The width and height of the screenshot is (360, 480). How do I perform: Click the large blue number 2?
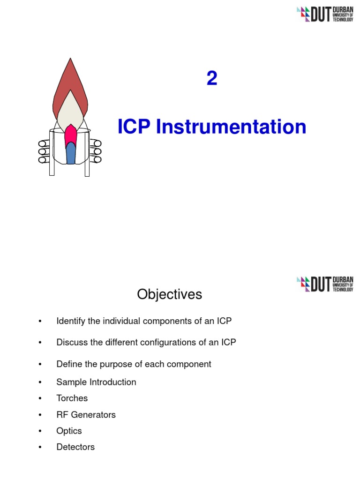tap(212, 79)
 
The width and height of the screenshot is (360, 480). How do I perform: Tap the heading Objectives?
tap(169, 294)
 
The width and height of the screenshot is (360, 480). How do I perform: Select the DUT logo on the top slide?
tap(325, 14)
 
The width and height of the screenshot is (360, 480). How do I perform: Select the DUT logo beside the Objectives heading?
tap(325, 284)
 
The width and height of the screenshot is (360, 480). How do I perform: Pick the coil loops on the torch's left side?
tap(45, 151)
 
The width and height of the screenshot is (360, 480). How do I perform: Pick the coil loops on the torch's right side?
tap(97, 151)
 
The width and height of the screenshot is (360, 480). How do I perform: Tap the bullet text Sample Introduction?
tap(96, 382)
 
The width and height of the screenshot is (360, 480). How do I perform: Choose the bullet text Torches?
tap(72, 398)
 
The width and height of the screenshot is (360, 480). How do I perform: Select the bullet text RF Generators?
tap(86, 415)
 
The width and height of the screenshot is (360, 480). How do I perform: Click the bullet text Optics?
tap(69, 431)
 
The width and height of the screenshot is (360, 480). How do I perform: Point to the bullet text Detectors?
tap(75, 447)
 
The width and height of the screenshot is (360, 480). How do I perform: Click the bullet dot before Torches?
tap(40, 398)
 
